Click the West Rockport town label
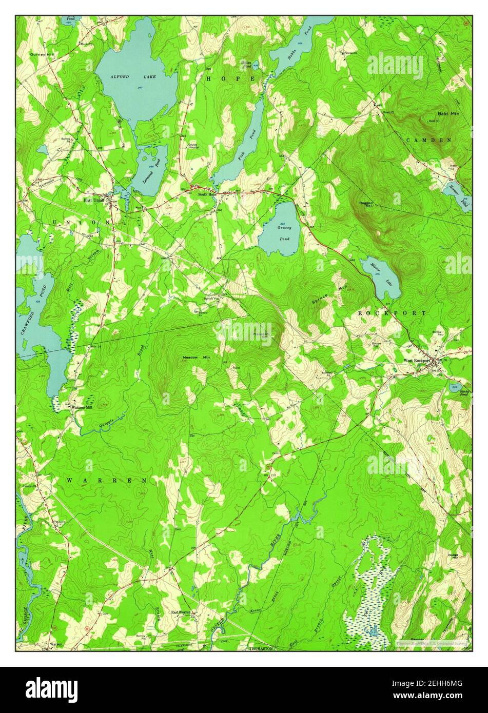coord(416,361)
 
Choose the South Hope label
coord(208,194)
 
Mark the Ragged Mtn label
coord(366,205)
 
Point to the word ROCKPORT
coord(392,312)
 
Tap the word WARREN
coord(107,480)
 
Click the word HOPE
coord(230,78)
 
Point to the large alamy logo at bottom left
coord(53,687)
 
